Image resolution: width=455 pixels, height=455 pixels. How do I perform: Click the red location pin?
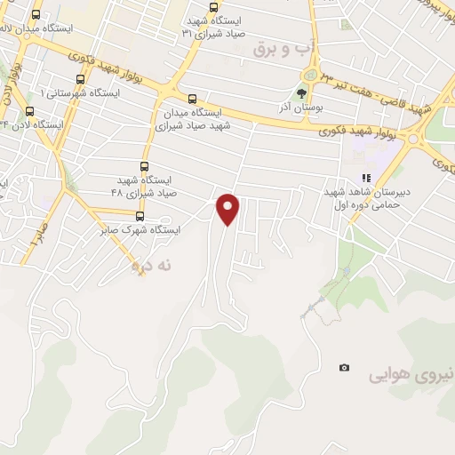click(229, 209)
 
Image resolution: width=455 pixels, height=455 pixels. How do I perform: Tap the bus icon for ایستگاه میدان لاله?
click(36, 15)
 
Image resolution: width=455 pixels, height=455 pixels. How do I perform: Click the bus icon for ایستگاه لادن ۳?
click(31, 111)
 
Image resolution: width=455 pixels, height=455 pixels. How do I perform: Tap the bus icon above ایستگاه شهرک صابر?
click(140, 216)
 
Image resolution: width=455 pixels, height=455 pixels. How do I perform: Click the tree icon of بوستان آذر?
click(301, 92)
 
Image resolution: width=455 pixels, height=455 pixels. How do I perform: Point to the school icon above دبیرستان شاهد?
click(365, 178)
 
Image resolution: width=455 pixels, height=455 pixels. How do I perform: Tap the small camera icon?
click(344, 367)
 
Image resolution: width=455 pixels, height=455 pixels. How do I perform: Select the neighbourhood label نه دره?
click(150, 265)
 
